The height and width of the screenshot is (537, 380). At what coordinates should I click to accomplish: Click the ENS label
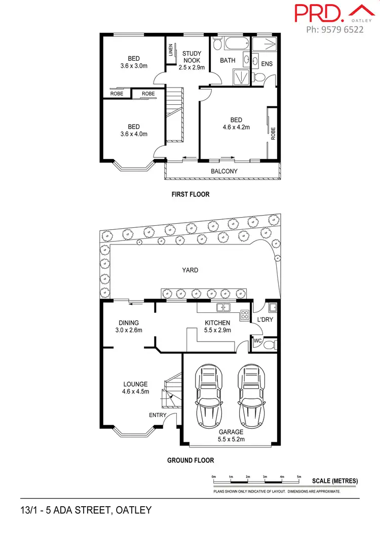267,64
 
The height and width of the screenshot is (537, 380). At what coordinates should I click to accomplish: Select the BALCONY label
224,171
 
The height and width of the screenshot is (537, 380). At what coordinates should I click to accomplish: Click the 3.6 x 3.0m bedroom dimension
134,66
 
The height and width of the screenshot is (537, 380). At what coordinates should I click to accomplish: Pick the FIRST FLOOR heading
189,194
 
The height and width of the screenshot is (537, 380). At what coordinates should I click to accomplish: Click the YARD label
190,270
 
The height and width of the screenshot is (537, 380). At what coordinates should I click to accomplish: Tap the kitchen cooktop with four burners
244,315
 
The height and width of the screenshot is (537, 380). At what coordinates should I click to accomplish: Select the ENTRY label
158,416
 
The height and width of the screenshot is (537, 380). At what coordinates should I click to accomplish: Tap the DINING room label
129,323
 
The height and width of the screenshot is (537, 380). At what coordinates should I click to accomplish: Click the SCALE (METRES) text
335,481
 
